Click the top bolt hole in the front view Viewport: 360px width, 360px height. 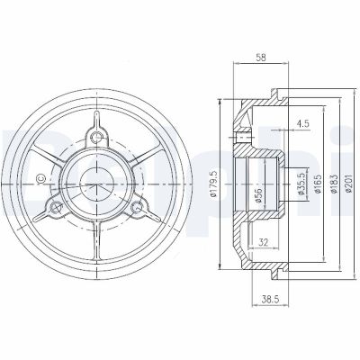pyautogui.click(x=97, y=136)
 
